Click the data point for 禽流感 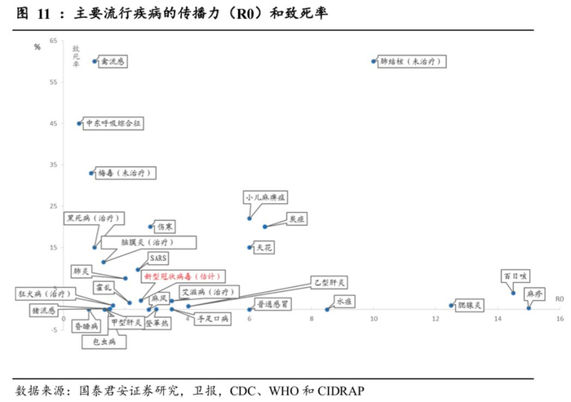point(95,61)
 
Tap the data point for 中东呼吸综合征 point(79,124)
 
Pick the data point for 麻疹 point(529,307)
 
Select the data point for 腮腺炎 point(451,306)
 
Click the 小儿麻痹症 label point(265,197)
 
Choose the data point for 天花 point(250,247)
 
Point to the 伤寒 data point point(150,227)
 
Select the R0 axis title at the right point(560,299)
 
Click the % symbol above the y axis point(38,46)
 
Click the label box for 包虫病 point(104,342)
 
